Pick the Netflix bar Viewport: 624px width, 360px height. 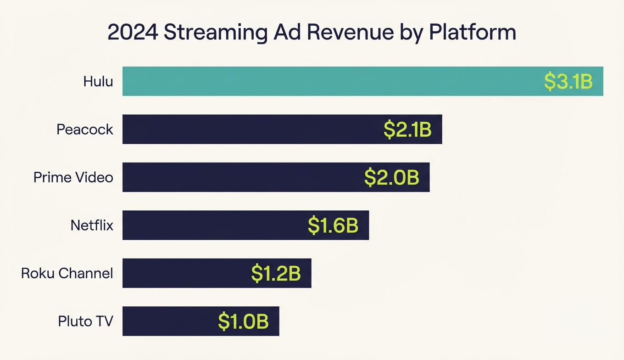tap(211, 225)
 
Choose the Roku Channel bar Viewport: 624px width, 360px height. tap(184, 273)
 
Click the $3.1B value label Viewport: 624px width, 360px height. tap(568, 81)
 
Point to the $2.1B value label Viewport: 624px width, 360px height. tap(407, 129)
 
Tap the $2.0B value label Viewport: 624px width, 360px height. tap(391, 177)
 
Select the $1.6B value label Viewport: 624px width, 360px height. tap(333, 225)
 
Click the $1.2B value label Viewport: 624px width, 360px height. tap(276, 273)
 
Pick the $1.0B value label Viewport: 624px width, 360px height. tap(243, 321)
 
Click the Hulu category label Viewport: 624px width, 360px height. tap(98, 81)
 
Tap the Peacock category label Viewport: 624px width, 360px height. tap(85, 129)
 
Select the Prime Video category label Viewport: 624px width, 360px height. tap(73, 177)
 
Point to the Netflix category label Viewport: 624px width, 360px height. tap(92, 225)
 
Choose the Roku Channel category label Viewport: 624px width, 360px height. tap(67, 273)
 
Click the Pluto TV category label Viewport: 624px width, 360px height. tap(85, 321)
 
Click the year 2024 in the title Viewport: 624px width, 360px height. tap(132, 33)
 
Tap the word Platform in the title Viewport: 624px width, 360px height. tap(473, 33)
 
